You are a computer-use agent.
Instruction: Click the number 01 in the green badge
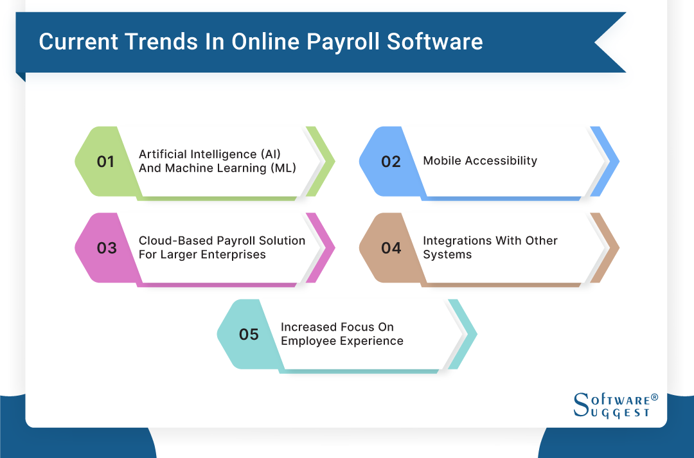pos(105,161)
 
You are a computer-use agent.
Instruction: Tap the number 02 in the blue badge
pos(391,161)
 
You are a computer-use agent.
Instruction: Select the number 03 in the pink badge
pos(107,248)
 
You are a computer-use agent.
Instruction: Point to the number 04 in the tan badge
pos(391,248)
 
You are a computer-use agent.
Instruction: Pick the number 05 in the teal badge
pos(249,335)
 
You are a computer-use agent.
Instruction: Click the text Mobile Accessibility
pos(479,161)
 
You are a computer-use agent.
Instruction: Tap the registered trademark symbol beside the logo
pos(654,397)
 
